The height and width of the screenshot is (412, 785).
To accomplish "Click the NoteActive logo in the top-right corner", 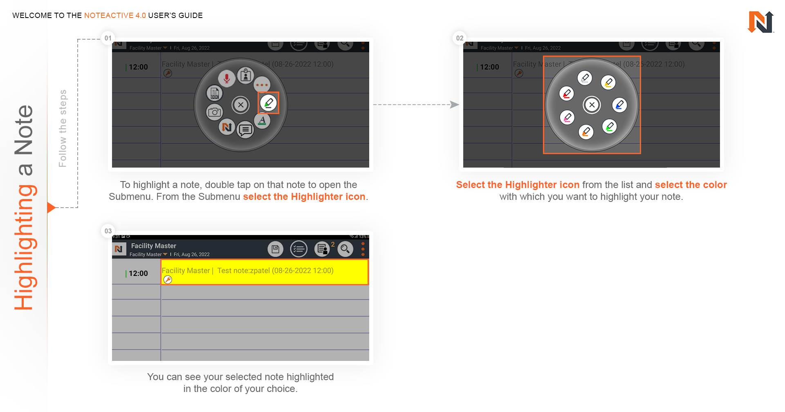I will pos(760,22).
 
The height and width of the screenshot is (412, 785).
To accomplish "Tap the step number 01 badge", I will pos(108,38).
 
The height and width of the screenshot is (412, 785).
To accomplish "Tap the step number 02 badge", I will pos(460,38).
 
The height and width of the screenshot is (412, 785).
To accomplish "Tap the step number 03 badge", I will pos(108,231).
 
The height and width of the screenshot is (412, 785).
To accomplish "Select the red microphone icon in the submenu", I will pos(227,78).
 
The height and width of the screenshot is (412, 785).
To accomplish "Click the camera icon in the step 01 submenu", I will pos(214,112).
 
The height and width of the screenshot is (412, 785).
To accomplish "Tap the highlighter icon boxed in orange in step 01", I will pos(269,103).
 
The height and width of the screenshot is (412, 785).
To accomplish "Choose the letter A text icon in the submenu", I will pos(262,121).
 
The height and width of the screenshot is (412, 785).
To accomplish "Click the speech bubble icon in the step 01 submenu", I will pos(245,130).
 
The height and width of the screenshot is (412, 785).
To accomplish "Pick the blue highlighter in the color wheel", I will pos(619,105).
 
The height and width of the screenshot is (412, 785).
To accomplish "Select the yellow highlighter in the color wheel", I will pos(608,83).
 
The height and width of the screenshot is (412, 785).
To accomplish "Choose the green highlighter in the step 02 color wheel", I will pos(609,127).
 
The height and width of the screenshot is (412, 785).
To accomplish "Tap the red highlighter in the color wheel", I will pos(567,94).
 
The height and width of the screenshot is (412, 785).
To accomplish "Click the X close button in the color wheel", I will pos(592,105).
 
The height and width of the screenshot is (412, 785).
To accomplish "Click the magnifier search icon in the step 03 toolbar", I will pos(345,249).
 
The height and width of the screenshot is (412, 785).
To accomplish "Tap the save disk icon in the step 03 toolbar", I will pos(276,249).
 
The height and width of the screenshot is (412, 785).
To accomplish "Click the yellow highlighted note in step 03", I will pos(265,272).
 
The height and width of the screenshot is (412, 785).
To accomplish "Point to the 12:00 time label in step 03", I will pos(138,273).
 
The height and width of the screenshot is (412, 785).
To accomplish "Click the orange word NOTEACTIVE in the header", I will pos(115,16).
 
